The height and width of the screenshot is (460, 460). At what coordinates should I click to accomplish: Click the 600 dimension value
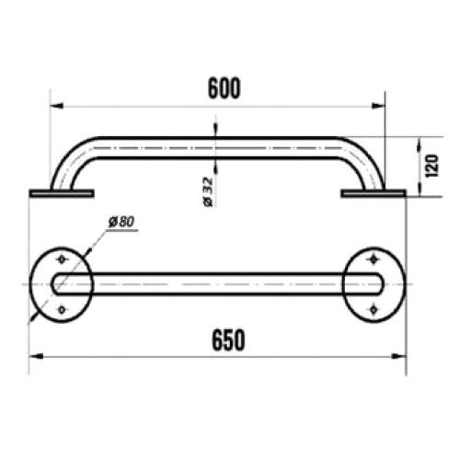224,88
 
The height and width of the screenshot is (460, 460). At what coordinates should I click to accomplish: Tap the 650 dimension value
228,339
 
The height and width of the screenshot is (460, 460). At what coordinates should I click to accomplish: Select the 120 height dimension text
431,166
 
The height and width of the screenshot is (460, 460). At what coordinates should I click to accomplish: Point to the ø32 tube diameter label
208,191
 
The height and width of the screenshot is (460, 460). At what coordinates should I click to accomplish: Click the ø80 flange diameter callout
121,222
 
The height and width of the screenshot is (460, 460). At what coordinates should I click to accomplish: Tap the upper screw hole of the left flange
62,259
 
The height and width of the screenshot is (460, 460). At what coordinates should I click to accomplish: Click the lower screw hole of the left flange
62,310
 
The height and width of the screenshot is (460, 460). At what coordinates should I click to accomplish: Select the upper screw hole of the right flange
374,259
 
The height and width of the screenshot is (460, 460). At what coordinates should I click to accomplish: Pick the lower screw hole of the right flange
374,310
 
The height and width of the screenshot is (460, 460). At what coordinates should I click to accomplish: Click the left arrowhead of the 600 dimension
56,106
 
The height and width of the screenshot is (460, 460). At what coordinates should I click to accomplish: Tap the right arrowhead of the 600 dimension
378,106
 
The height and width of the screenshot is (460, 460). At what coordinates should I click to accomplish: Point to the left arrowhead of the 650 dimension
36,356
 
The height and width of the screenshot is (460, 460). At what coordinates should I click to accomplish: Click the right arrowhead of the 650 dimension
399,356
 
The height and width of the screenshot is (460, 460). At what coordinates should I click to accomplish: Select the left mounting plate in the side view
62,193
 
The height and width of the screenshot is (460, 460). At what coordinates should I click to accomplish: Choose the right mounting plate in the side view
374,193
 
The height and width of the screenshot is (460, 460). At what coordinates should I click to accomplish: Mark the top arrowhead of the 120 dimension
420,144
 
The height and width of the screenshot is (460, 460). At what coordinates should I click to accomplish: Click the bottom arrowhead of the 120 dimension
420,190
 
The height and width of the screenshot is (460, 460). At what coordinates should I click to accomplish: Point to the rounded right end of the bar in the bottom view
378,284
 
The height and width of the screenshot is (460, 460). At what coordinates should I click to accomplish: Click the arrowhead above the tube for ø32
215,129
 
